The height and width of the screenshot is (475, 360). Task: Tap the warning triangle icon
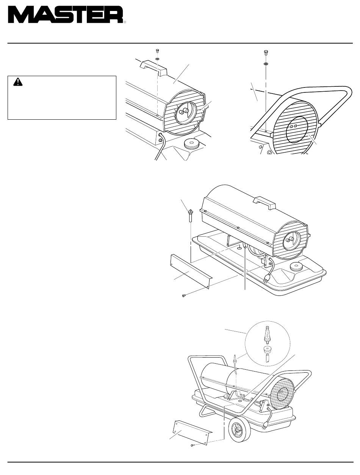(18, 82)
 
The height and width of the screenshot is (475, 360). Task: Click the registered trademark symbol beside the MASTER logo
(125, 22)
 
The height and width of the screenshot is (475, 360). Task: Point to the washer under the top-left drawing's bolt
(157, 59)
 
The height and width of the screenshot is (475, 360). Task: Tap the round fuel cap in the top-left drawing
(192, 144)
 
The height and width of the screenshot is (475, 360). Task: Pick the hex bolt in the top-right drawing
(266, 53)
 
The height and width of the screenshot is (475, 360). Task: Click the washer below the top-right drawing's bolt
(266, 64)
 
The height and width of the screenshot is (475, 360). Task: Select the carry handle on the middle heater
(265, 203)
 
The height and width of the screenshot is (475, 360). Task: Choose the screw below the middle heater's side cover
(184, 295)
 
